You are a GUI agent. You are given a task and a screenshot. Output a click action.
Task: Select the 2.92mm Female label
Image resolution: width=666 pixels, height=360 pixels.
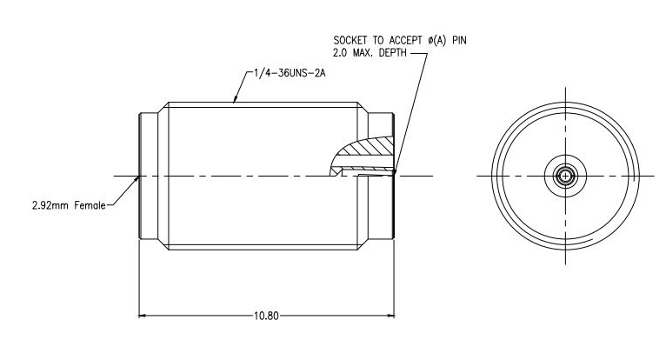tap(68, 206)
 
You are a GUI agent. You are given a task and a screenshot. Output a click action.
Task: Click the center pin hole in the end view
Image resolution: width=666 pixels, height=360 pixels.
tap(566, 177)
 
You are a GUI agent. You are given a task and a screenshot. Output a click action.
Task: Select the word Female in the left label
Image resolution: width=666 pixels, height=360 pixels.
tap(89, 206)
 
